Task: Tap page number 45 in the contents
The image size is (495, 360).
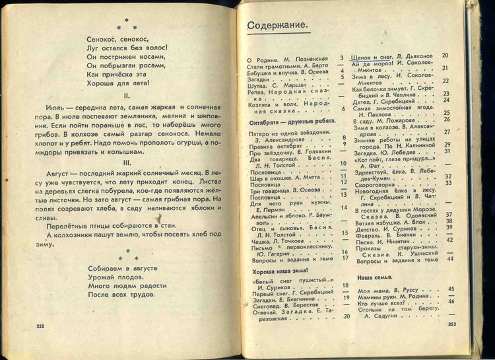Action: click(451, 289)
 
